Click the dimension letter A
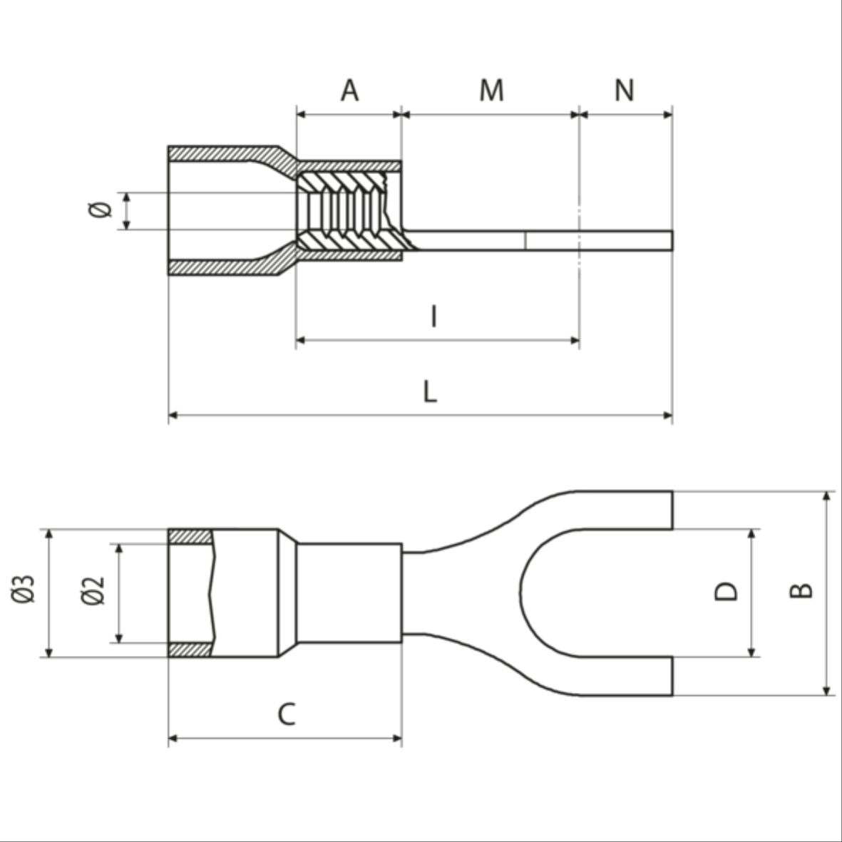[x=349, y=91]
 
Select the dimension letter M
[x=491, y=91]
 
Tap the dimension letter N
[x=624, y=91]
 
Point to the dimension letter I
[x=434, y=317]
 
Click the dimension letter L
[x=429, y=391]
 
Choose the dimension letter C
[x=286, y=714]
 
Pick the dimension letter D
[x=727, y=591]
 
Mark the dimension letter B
[x=803, y=590]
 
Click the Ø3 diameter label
[x=25, y=590]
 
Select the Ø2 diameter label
[x=93, y=590]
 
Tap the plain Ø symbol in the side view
[x=101, y=210]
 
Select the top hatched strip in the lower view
[x=190, y=536]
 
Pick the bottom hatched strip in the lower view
[x=190, y=650]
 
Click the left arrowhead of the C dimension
[x=173, y=739]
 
